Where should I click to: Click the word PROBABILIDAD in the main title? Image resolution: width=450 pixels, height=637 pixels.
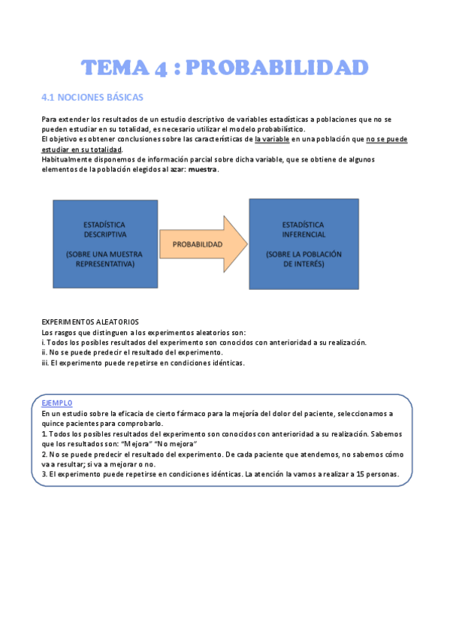tap(276, 68)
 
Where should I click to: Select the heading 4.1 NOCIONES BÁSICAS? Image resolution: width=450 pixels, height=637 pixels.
tap(92, 98)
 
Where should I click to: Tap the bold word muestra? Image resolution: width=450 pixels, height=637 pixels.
tap(203, 169)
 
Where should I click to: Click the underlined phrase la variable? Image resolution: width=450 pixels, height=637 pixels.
tap(276, 139)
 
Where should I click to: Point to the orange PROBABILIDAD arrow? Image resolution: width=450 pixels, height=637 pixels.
tap(199, 244)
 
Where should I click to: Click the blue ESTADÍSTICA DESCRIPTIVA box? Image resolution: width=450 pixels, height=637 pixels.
tap(104, 244)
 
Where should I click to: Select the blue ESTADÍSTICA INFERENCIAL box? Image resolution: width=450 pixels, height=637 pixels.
tap(304, 244)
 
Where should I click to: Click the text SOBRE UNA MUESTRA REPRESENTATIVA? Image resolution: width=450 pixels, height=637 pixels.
tap(104, 259)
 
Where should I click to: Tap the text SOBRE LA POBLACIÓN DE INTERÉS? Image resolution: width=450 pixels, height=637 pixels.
tap(304, 259)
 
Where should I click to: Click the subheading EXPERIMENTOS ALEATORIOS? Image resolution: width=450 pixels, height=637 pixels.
tap(90, 322)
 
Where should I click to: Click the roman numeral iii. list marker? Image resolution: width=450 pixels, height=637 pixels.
tap(45, 362)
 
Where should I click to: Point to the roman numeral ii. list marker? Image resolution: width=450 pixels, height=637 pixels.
tap(44, 352)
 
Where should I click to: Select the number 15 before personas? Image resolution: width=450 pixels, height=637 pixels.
tap(361, 474)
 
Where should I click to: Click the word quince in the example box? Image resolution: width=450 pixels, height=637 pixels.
tap(53, 424)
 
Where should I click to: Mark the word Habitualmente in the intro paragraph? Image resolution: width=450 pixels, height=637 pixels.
tap(66, 159)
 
